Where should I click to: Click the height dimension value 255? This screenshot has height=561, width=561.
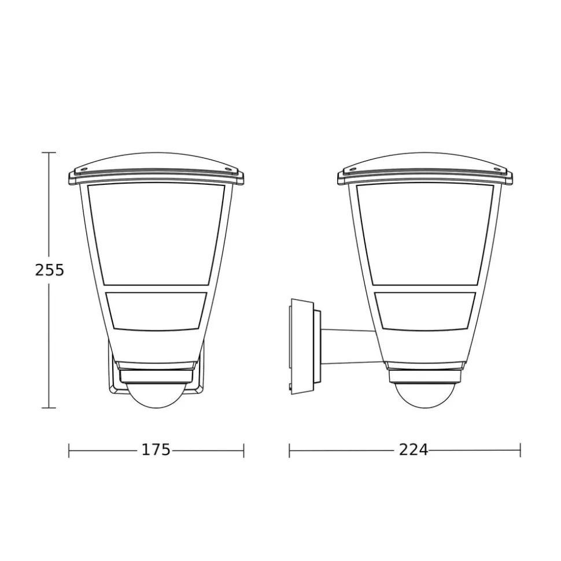click(49, 270)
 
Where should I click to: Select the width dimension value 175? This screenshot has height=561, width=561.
click(156, 449)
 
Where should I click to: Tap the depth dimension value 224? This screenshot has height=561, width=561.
click(414, 449)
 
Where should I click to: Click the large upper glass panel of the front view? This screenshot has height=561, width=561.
click(156, 235)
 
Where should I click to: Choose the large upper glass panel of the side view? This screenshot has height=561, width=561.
click(425, 235)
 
